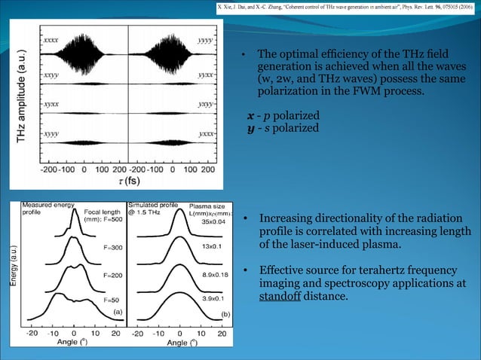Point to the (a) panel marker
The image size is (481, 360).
118,310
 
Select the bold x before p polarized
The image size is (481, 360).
252,114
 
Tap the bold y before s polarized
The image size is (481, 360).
252,128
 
